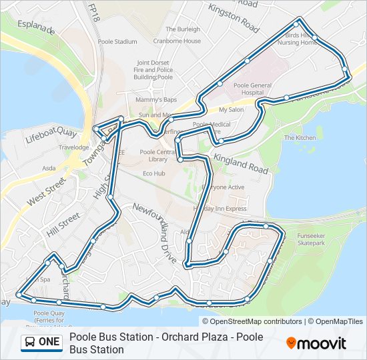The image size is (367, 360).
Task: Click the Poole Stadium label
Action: pyautogui.click(x=117, y=41)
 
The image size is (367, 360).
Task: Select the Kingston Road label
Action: pyautogui.click(x=234, y=18)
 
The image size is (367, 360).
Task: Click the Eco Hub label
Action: pyautogui.click(x=153, y=173)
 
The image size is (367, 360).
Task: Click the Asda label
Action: pyautogui.click(x=49, y=169)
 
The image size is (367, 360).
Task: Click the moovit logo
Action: pyautogui.click(x=316, y=343)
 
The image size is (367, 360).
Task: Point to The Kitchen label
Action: pyautogui.click(x=300, y=138)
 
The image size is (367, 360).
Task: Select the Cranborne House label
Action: pyautogui.click(x=183, y=41)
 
